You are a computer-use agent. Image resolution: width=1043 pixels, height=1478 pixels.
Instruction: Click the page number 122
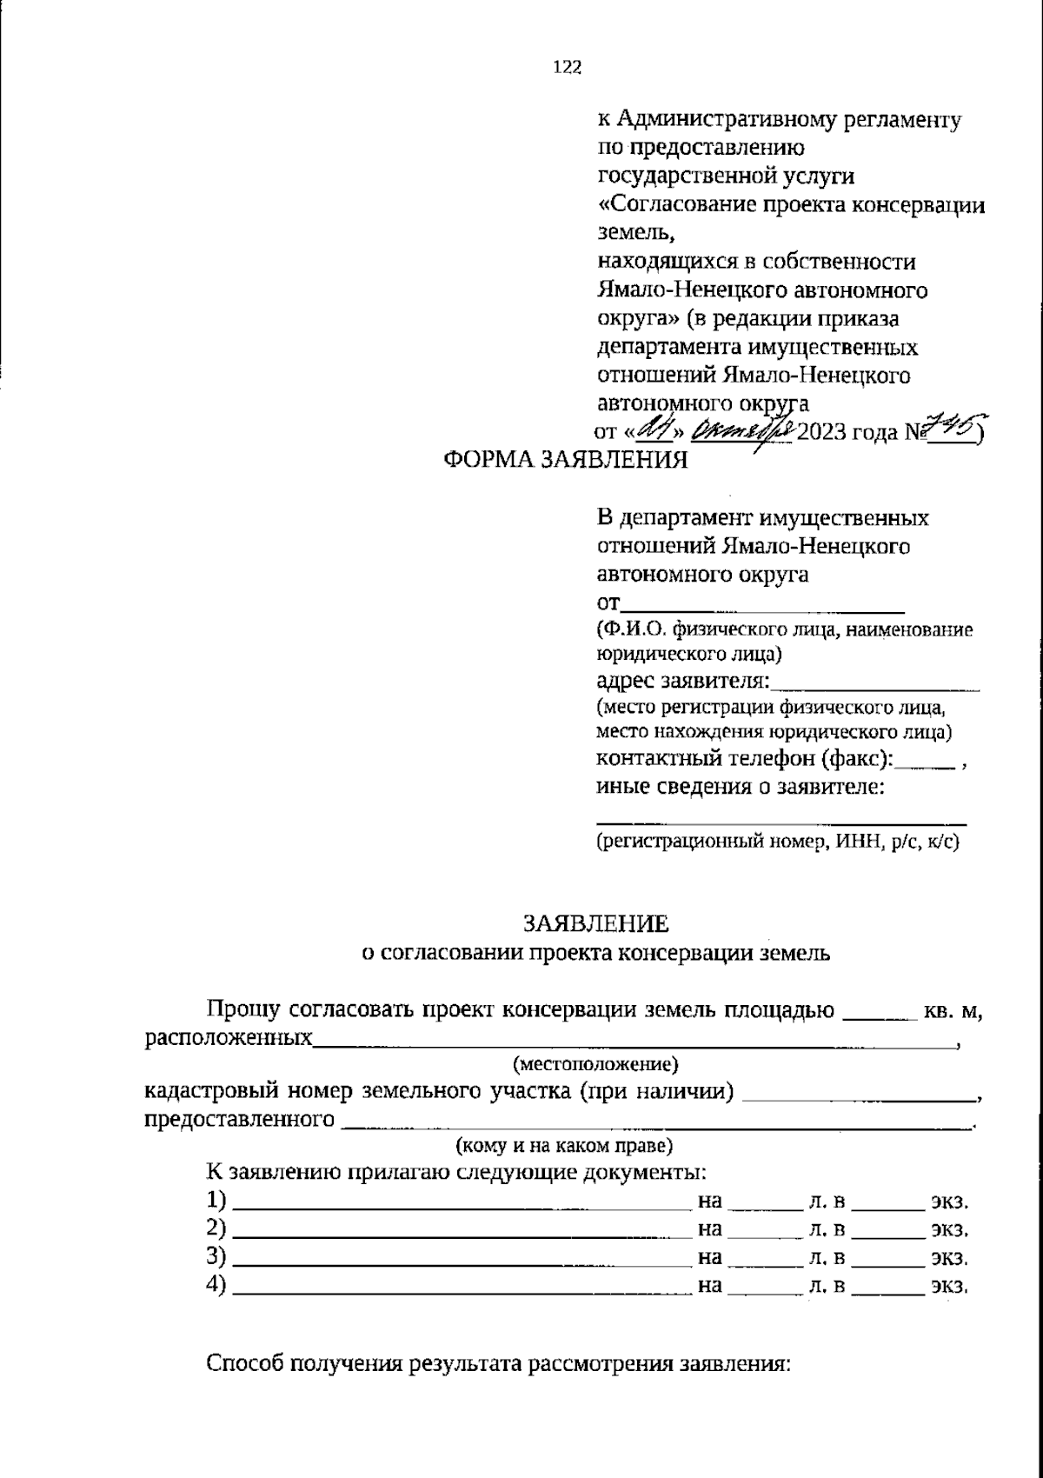point(566,68)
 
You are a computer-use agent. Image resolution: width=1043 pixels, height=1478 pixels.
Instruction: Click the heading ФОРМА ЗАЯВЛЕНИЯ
point(565,460)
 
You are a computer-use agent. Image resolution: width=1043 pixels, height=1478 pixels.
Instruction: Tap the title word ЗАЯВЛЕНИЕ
point(595,922)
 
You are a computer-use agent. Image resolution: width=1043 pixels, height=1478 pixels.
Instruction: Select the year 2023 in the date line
point(821,431)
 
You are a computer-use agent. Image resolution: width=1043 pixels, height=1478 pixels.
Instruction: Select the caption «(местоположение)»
point(595,1063)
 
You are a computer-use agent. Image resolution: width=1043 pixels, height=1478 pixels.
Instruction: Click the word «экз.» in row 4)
point(949,1286)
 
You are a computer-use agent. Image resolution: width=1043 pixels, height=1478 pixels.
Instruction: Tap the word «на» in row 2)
point(710,1229)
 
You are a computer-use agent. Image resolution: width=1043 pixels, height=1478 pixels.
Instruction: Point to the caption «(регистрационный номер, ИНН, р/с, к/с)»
point(778,841)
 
